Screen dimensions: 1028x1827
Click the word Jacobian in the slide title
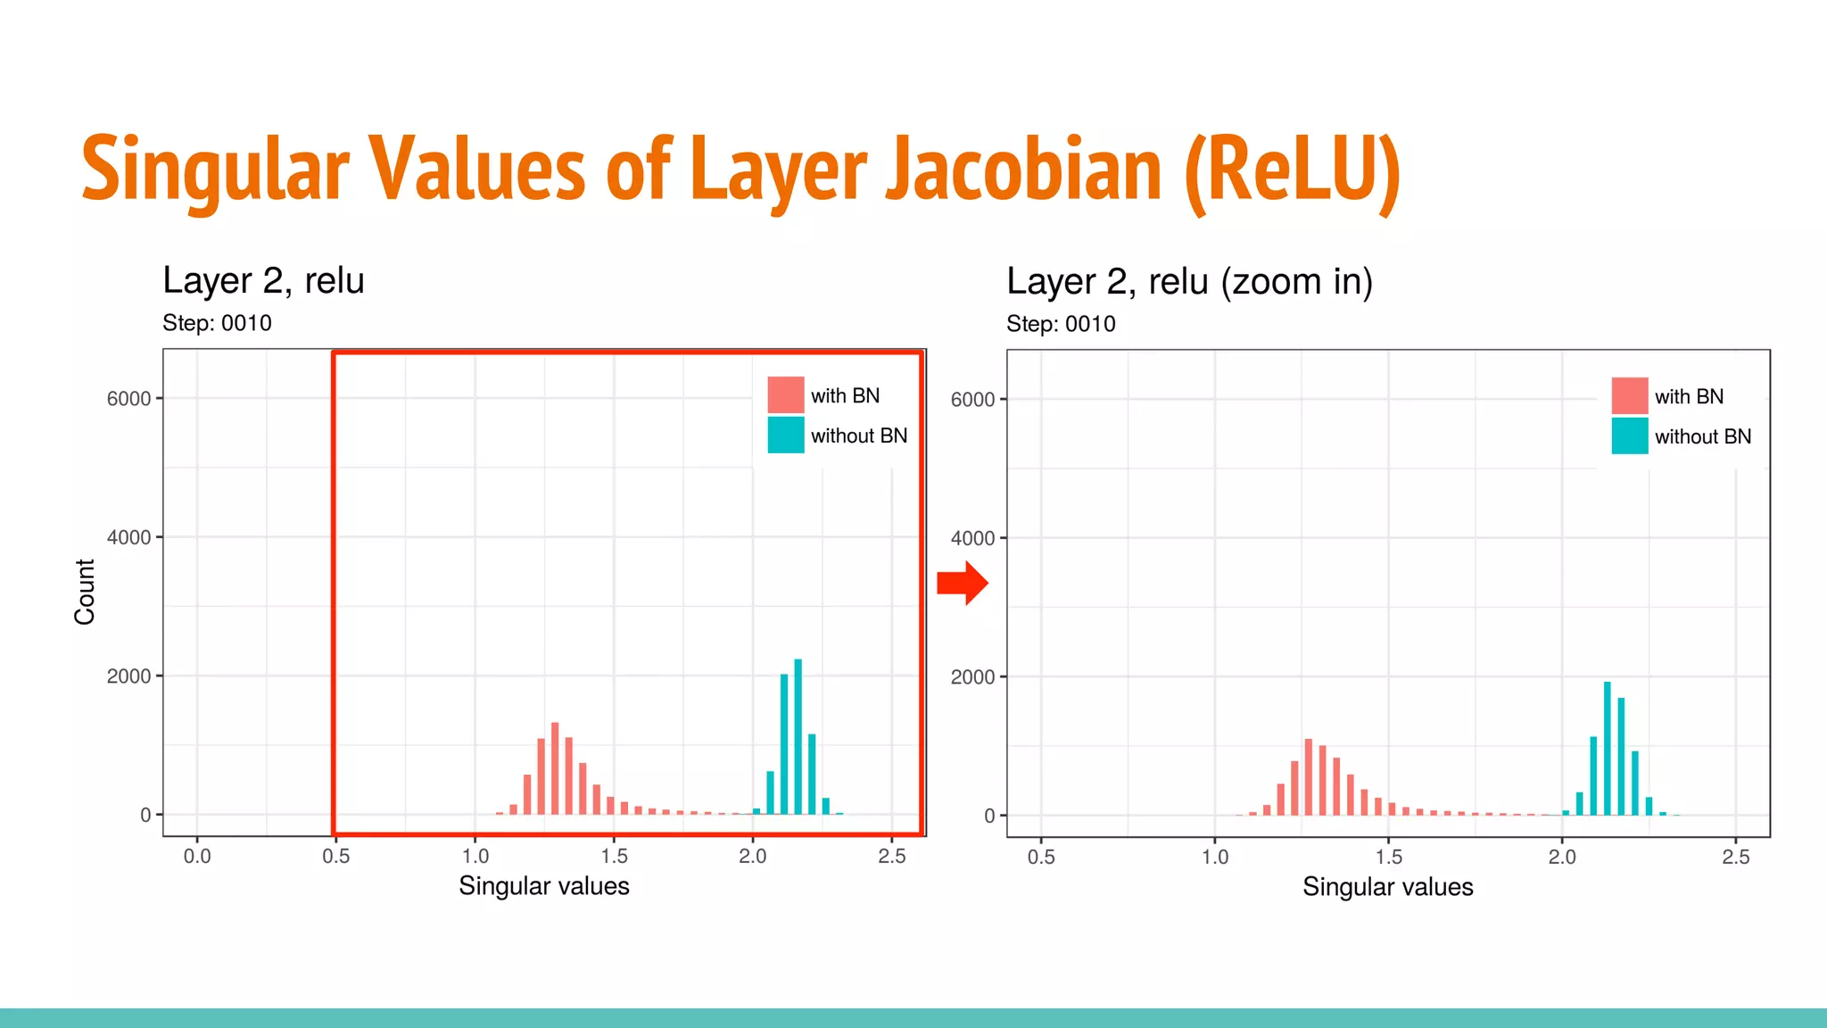pyautogui.click(x=1023, y=170)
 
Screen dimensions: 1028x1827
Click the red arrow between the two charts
pyautogui.click(x=963, y=584)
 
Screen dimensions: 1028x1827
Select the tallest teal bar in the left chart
pyautogui.click(x=798, y=737)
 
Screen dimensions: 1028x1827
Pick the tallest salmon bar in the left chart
pyautogui.click(x=555, y=768)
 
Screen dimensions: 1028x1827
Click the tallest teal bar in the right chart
pyautogui.click(x=1607, y=749)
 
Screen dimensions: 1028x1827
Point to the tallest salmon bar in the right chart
pyautogui.click(x=1308, y=777)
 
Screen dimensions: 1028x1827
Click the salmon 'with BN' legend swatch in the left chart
pyautogui.click(x=785, y=395)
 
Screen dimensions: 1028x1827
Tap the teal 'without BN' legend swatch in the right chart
pyautogui.click(x=1629, y=436)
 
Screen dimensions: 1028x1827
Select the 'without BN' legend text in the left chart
pyautogui.click(x=858, y=435)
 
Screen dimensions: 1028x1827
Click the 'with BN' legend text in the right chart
pyautogui.click(x=1689, y=396)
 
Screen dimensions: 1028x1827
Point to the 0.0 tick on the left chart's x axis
pyautogui.click(x=197, y=857)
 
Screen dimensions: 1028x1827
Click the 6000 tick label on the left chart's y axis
pyautogui.click(x=128, y=399)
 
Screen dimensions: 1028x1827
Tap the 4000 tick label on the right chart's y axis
pyautogui.click(x=972, y=538)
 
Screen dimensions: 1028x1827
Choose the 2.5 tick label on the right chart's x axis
pyautogui.click(x=1735, y=858)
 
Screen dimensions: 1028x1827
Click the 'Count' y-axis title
pyautogui.click(x=85, y=592)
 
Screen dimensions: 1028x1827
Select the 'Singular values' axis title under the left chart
pyautogui.click(x=543, y=886)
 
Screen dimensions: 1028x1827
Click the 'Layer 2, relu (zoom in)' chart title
pyautogui.click(x=1189, y=282)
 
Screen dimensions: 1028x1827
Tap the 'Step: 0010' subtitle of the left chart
pyautogui.click(x=217, y=323)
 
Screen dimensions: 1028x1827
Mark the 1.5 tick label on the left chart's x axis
pyautogui.click(x=614, y=857)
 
